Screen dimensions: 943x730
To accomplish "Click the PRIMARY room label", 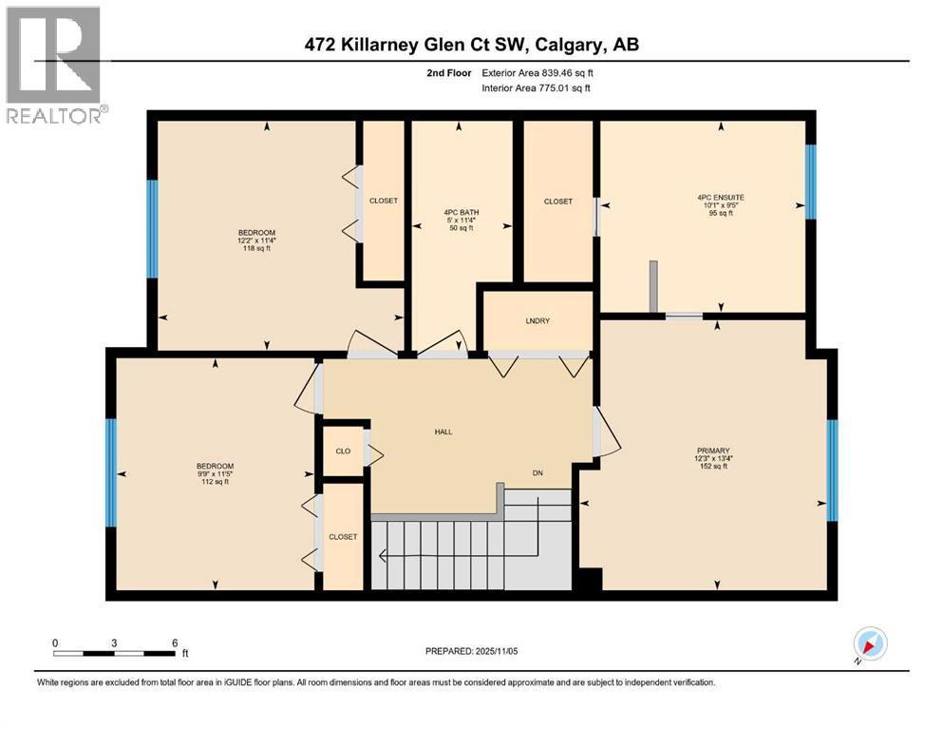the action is click(x=713, y=451).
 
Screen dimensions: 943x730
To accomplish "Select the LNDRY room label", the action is click(x=538, y=320).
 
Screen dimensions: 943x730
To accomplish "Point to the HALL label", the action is click(x=443, y=432).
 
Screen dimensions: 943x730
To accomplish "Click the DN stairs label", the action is click(x=538, y=473).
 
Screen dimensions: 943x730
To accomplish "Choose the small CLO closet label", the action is click(x=343, y=451).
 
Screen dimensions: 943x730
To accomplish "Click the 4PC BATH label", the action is click(x=462, y=212).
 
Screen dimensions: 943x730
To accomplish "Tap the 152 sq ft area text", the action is click(x=713, y=466).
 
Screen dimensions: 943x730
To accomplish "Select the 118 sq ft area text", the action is click(x=256, y=248).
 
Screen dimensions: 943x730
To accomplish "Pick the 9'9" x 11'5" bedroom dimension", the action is click(x=216, y=473).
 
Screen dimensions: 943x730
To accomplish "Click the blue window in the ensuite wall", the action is click(x=811, y=182).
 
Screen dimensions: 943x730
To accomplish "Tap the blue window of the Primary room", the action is click(x=832, y=470).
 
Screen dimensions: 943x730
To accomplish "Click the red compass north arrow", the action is click(x=869, y=645).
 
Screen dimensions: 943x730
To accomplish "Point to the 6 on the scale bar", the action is click(x=175, y=643).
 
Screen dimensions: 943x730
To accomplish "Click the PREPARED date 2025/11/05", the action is click(x=496, y=651).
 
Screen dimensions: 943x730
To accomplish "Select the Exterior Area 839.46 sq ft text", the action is click(x=538, y=73).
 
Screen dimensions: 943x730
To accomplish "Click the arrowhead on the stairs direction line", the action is click(x=382, y=555).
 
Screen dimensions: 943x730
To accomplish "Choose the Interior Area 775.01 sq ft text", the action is click(x=536, y=87).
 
